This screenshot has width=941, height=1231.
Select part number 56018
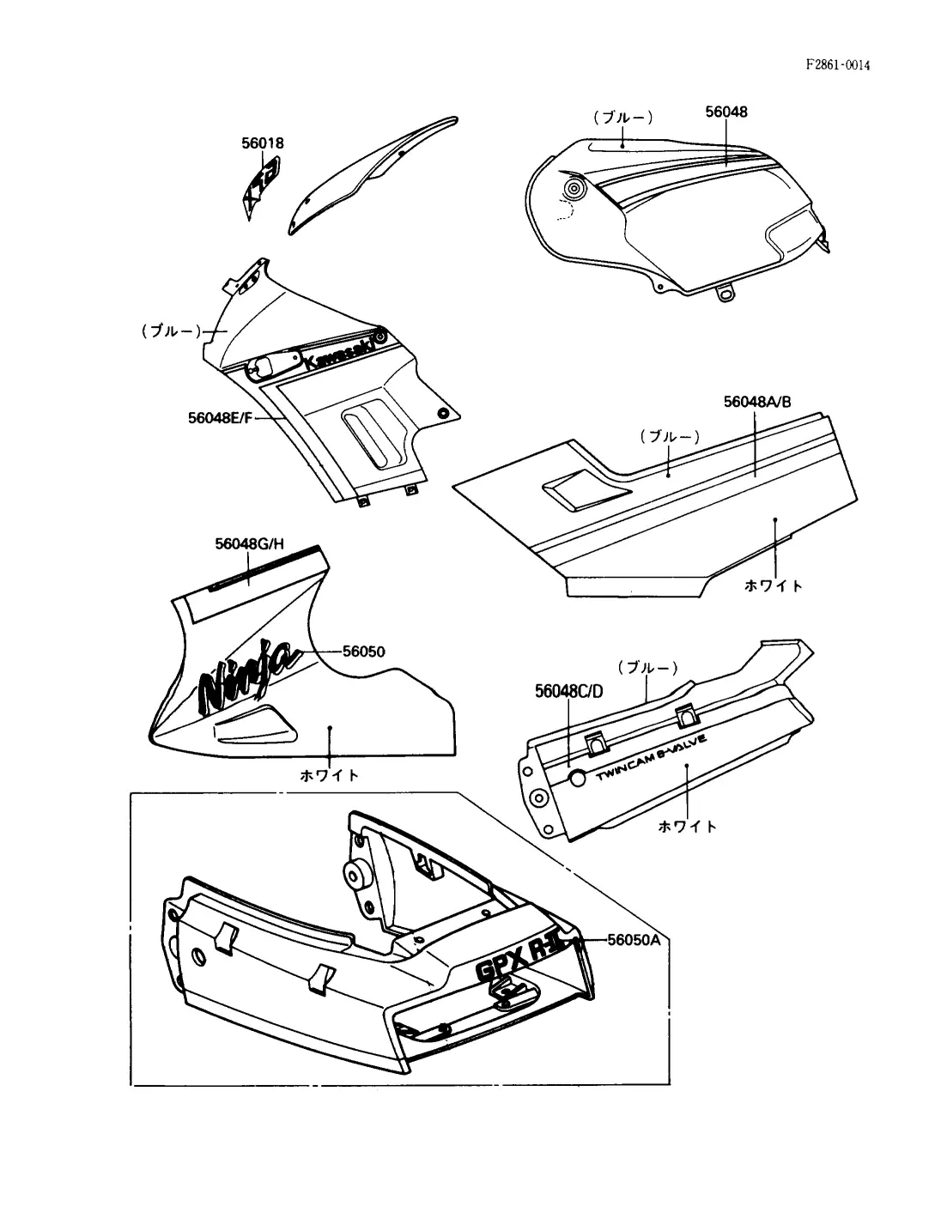pos(262,143)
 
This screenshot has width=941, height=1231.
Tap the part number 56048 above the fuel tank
pos(726,112)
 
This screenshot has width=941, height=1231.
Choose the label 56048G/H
pos(249,543)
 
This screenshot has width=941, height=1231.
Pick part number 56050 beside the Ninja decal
pos(364,652)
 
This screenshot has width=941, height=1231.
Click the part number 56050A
pos(634,939)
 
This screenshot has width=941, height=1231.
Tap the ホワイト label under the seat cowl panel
pos(774,585)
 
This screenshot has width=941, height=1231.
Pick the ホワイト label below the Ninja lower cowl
pos(330,774)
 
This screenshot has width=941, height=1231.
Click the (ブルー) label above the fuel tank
pos(622,117)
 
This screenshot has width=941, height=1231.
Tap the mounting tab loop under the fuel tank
pos(726,293)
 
